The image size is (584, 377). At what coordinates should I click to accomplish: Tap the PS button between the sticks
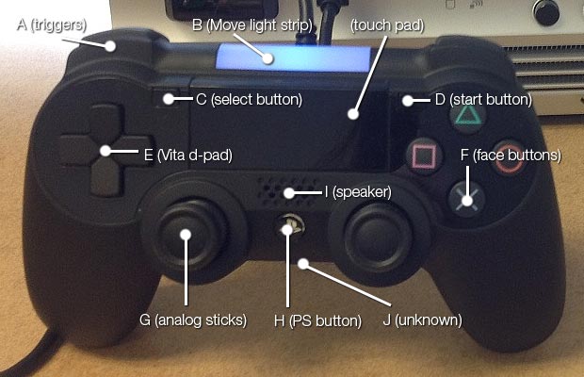(x=289, y=227)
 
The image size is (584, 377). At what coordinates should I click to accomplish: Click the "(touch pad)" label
(x=386, y=25)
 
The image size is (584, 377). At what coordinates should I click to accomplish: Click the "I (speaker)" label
(x=357, y=192)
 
